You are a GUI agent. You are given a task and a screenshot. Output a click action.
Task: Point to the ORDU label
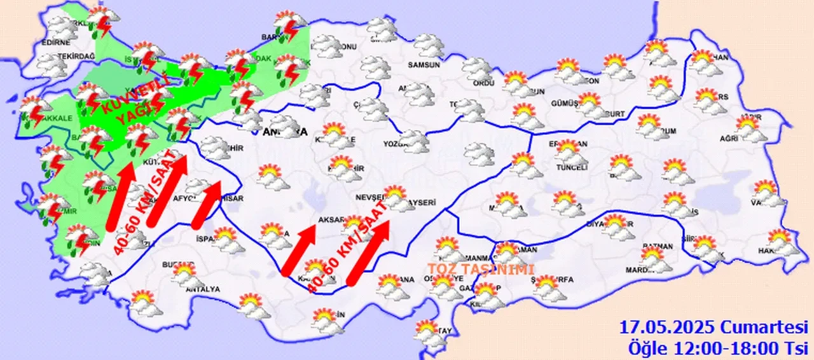(483, 83)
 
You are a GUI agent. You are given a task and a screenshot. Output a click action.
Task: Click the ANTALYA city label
(202, 289)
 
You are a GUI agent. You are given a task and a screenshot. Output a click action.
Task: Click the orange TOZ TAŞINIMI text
(480, 270)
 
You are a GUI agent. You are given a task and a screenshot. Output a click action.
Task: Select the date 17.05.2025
(668, 328)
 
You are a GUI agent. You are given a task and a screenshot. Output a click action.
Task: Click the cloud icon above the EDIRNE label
(62, 27)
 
